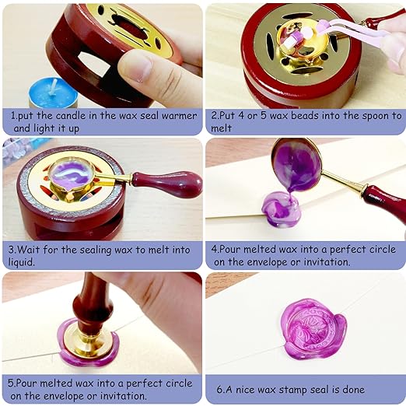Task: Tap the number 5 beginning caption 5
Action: coord(12,383)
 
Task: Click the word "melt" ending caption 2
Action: coord(222,128)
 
